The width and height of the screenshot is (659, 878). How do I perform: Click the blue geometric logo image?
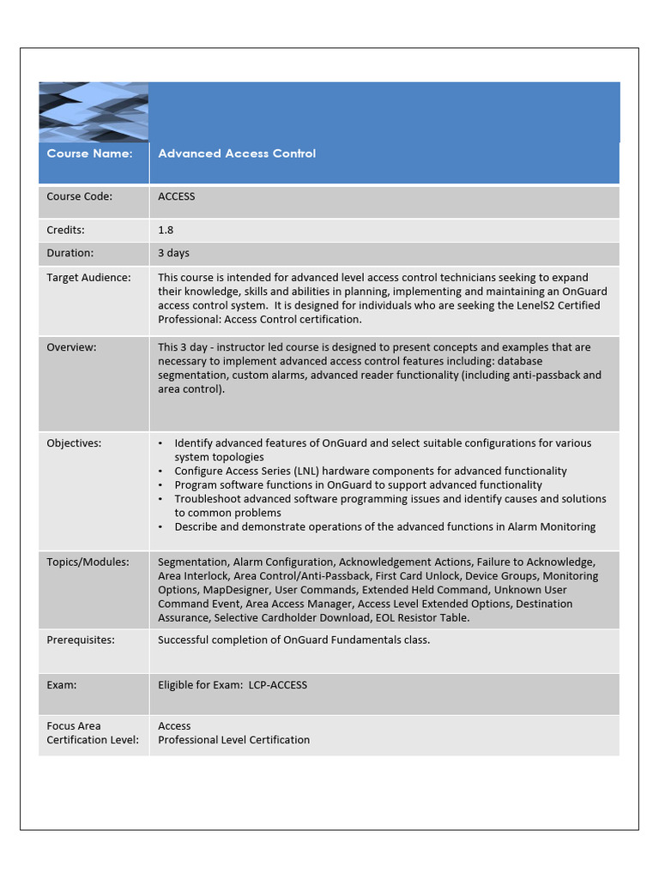[94, 111]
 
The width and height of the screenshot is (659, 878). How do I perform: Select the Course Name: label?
[89, 153]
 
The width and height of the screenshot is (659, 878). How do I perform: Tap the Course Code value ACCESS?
[176, 196]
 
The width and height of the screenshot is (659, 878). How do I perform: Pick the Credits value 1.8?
[166, 230]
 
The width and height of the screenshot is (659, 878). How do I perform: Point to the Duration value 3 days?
[173, 253]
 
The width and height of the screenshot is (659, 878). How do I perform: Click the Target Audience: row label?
[88, 277]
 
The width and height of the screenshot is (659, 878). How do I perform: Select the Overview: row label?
[71, 347]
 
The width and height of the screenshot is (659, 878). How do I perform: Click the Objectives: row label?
[74, 443]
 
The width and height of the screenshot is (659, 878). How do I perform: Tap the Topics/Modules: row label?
[88, 562]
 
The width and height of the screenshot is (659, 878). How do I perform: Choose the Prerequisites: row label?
[81, 640]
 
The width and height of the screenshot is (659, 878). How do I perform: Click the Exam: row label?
[61, 684]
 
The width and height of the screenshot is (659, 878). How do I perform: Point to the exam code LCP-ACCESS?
[277, 684]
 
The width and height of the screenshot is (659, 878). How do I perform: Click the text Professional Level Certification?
[233, 739]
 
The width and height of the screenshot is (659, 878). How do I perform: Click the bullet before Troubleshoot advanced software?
[161, 499]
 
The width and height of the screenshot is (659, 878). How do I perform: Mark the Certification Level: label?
[92, 739]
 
